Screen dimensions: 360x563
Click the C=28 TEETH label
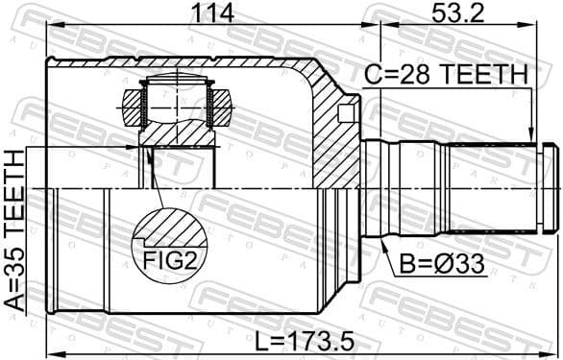click(x=447, y=74)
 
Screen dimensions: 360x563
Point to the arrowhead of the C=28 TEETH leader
click(x=531, y=138)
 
